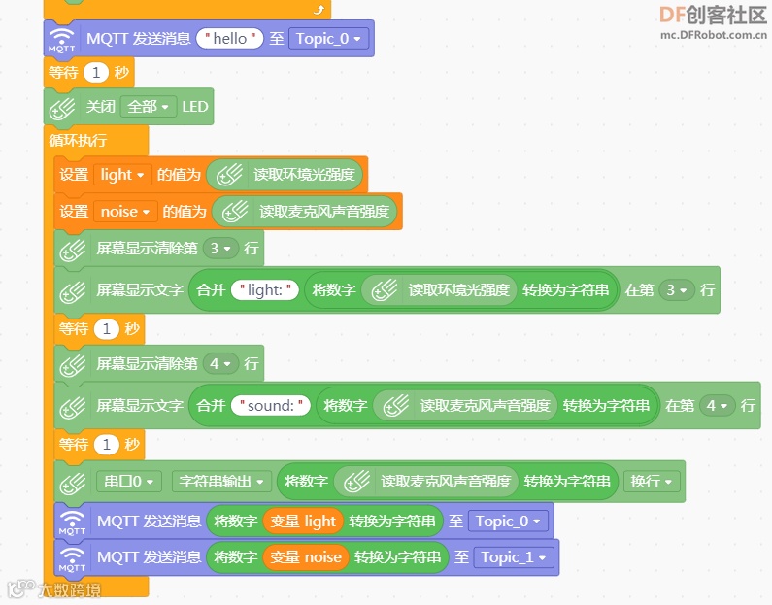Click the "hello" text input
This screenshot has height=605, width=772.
(x=230, y=39)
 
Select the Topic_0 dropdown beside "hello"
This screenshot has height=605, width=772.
(x=330, y=39)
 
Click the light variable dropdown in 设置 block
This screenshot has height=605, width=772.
(x=122, y=175)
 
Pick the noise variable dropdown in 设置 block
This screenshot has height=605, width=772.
(x=126, y=211)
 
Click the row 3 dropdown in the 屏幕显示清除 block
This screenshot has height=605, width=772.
(x=221, y=248)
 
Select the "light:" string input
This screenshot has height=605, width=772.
(x=264, y=289)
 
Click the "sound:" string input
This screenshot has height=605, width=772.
(x=270, y=405)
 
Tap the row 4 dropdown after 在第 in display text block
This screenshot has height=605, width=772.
(x=719, y=405)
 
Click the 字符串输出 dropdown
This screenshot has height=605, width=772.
(x=222, y=481)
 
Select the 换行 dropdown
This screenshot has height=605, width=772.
(x=652, y=481)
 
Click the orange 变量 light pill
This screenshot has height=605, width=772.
(x=303, y=521)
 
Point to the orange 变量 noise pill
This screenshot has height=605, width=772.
(x=306, y=557)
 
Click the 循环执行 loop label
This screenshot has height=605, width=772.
(x=79, y=140)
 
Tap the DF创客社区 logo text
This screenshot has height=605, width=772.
(x=713, y=15)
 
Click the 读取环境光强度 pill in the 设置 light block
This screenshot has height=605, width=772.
(x=285, y=175)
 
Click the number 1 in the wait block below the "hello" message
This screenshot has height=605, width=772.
(x=96, y=73)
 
